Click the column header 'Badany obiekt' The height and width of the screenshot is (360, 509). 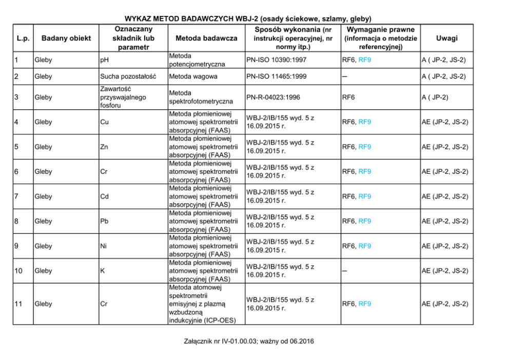pos(66,38)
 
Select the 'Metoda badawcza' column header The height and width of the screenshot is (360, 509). pos(206,38)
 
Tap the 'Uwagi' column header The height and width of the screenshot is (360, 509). pos(446,38)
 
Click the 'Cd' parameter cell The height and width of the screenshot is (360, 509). pos(104,196)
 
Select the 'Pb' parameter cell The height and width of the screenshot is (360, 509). pos(104,221)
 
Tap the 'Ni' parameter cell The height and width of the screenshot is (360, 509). pos(104,246)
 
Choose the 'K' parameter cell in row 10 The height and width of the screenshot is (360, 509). pos(103,271)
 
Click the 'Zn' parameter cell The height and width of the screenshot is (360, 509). pos(104,147)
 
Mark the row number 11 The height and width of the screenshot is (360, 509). pos(18,304)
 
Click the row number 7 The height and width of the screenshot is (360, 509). pos(17,196)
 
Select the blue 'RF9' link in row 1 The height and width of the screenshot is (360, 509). pos(365,60)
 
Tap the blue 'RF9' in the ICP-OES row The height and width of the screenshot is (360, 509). pos(365,304)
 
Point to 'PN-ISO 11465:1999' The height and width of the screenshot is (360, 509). pos(276,76)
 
